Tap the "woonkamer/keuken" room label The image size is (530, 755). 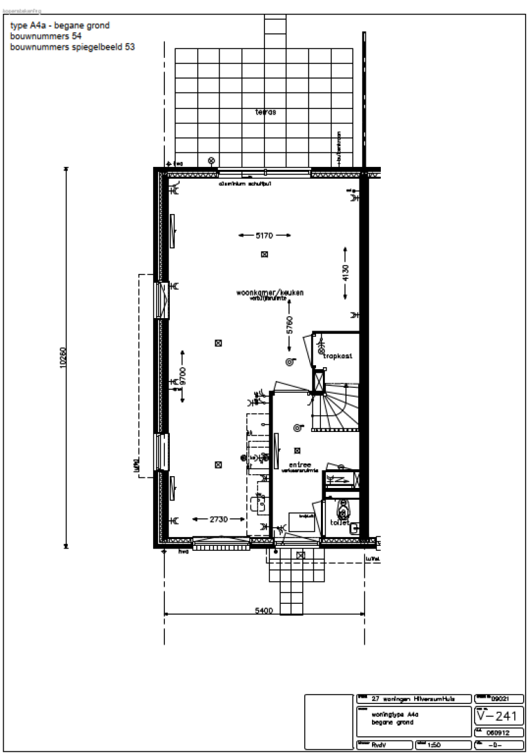270,293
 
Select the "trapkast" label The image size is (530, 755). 339,356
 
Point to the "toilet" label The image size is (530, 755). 340,522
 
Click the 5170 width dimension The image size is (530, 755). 264,236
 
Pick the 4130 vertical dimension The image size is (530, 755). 346,273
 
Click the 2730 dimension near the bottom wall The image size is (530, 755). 218,519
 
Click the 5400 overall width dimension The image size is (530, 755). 264,610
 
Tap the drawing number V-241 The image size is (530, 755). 495,716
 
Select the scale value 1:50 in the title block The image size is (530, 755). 434,745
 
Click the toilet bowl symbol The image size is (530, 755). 342,511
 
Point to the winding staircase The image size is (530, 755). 336,407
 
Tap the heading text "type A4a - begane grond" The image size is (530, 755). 59,26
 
